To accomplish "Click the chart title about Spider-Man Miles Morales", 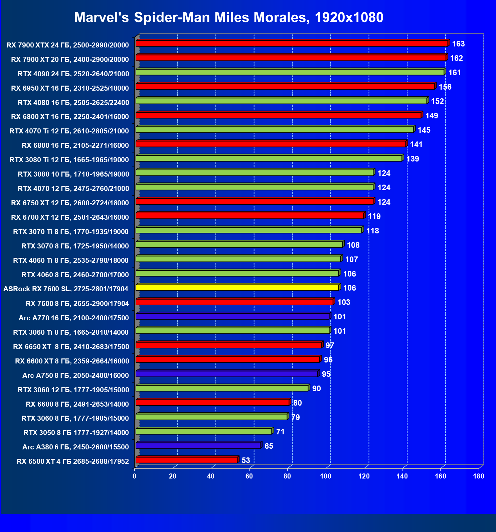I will click(x=228, y=17).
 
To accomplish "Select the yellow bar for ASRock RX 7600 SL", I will click(x=237, y=288).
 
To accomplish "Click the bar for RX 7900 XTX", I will click(x=292, y=43).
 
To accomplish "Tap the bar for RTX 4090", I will click(x=290, y=72).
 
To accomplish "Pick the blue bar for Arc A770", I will click(x=232, y=316).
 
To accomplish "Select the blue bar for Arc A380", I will click(x=198, y=446).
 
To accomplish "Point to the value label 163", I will click(x=458, y=44).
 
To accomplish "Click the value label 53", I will click(x=246, y=460).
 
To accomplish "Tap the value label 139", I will click(x=412, y=159).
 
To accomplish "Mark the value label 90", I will click(x=316, y=389).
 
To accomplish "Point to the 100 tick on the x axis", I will click(x=326, y=476).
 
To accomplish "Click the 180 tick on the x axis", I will click(x=479, y=476).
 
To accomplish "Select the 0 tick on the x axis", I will click(x=135, y=476).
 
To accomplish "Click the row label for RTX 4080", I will click(x=73, y=102).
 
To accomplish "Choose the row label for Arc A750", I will click(x=75, y=376).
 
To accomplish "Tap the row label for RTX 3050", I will click(x=76, y=433).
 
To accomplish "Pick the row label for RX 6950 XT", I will click(x=70, y=88).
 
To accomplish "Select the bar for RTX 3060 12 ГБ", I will click(x=222, y=388).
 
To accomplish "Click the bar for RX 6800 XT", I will click(x=278, y=115).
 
